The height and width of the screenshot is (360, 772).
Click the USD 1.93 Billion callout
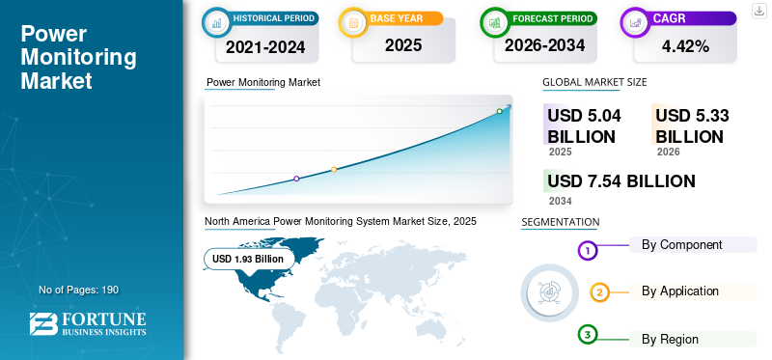pos(248,259)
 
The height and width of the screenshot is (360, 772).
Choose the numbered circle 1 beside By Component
pos(588,251)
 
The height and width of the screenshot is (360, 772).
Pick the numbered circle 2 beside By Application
pos(599,292)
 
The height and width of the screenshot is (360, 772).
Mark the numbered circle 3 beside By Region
pos(588,335)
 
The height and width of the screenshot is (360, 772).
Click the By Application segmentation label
pos(679,291)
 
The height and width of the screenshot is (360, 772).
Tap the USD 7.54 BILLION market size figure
pos(620,180)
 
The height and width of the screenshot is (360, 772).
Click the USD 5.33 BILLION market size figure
pos(691,125)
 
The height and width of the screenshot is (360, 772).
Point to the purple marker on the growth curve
pos(296,179)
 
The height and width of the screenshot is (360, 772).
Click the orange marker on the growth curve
pos(334,170)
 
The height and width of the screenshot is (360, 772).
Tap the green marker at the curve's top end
pos(500,111)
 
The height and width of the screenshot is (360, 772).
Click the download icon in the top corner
pos(759,10)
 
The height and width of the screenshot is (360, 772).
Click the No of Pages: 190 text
pos(78,290)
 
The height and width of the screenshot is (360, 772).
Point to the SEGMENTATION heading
pos(560,222)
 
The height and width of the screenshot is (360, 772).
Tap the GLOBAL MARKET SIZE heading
pos(594,82)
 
